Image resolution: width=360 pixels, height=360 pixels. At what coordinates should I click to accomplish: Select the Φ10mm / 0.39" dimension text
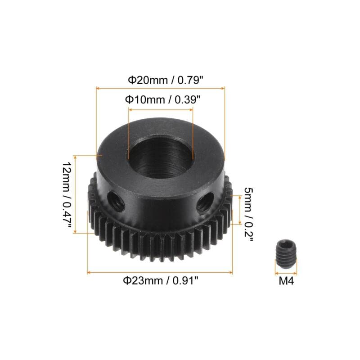(x=161, y=99)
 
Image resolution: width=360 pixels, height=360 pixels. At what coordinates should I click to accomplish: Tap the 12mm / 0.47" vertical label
(x=67, y=194)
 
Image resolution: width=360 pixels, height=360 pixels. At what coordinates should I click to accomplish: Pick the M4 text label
(x=286, y=281)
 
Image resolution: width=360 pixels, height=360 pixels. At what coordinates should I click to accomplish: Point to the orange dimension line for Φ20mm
(x=160, y=89)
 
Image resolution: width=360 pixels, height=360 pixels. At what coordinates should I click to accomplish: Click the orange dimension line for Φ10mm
(x=161, y=108)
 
